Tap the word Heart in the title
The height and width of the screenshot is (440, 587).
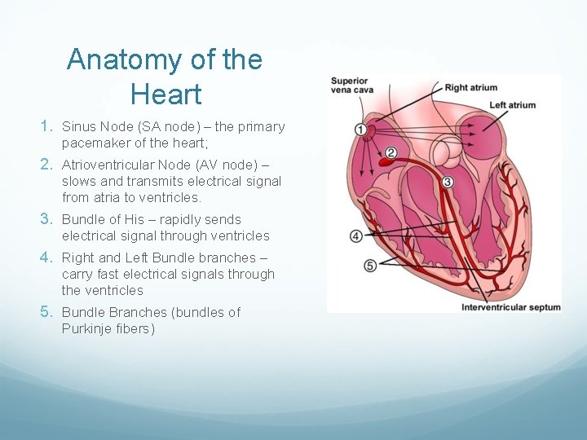click(x=165, y=95)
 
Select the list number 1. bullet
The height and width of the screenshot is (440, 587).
click(x=47, y=126)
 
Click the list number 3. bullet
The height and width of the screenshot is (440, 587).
click(x=47, y=219)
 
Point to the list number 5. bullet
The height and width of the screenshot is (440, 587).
click(x=47, y=312)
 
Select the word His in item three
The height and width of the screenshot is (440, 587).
click(x=134, y=219)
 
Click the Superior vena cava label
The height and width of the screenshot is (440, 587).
click(x=351, y=85)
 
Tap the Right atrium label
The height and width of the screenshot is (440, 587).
click(x=470, y=88)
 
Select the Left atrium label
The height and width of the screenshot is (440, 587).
click(x=512, y=105)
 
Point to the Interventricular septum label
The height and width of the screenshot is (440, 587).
click(x=511, y=307)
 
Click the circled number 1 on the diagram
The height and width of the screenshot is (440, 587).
click(x=360, y=130)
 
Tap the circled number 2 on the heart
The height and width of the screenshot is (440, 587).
click(x=391, y=152)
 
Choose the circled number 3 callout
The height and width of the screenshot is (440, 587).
click(x=447, y=182)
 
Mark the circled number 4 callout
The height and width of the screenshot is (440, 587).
click(x=356, y=236)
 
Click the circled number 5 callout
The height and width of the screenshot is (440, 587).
click(x=370, y=266)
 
